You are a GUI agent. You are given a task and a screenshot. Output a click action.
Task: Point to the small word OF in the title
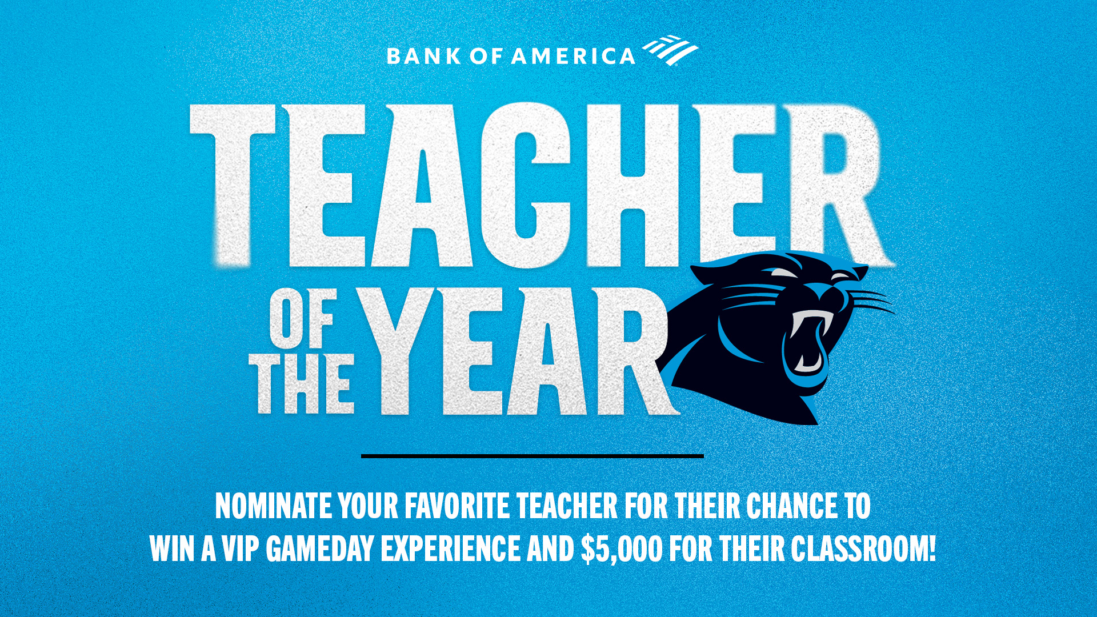[302, 322]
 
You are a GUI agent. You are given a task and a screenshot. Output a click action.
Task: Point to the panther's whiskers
[871, 300]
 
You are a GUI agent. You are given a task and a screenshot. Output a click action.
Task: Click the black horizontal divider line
[532, 456]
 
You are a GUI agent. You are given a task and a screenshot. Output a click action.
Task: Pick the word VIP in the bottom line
[239, 548]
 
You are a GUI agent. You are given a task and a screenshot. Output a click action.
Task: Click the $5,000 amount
[622, 548]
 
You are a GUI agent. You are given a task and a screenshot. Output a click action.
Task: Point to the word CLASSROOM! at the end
[863, 548]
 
